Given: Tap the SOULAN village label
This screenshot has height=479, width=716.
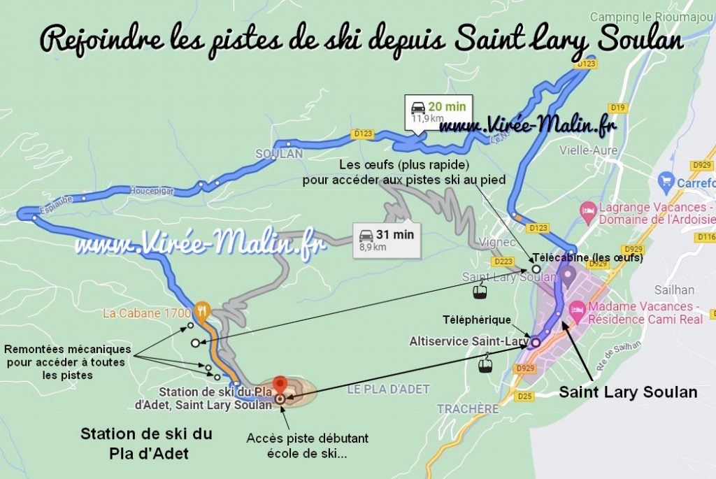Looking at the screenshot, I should (279, 153).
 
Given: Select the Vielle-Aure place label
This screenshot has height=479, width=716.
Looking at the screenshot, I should (586, 149).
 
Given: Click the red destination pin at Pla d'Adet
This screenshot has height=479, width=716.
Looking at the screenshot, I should (280, 385).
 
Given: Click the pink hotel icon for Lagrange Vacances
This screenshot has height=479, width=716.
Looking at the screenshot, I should (589, 210).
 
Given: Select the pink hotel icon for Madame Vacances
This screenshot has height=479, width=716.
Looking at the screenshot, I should (578, 308).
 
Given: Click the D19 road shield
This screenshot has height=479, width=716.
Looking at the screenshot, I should (616, 108).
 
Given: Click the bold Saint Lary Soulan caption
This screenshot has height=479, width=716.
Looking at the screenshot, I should (628, 392).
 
